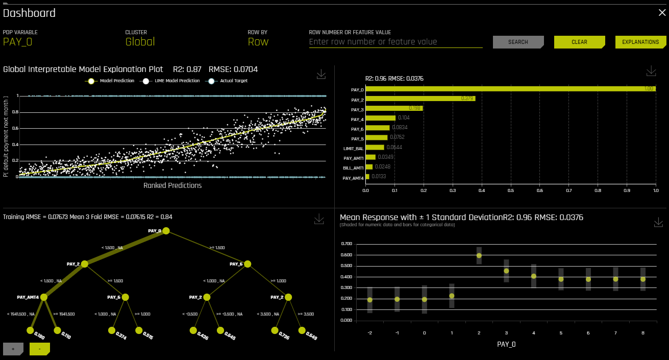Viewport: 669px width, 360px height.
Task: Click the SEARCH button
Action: click(x=518, y=42)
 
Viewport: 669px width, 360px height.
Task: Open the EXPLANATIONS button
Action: click(x=640, y=42)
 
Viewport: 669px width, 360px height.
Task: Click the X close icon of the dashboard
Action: click(x=662, y=13)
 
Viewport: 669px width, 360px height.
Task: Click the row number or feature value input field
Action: click(x=395, y=42)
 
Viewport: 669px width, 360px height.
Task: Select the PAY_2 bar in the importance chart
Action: click(x=420, y=99)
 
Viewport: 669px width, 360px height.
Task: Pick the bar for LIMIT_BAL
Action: click(x=375, y=148)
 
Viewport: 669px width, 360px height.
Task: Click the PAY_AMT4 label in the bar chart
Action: click(x=353, y=178)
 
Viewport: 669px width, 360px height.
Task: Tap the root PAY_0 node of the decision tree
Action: click(x=166, y=231)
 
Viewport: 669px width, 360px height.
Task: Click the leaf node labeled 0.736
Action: click(x=275, y=330)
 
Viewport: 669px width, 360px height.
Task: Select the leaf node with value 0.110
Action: click(x=57, y=330)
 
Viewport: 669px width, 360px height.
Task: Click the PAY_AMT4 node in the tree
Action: click(x=43, y=297)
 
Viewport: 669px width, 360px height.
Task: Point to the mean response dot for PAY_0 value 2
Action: click(x=479, y=255)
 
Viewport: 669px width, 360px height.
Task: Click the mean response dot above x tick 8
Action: click(x=643, y=279)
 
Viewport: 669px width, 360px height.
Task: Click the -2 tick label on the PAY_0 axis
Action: click(x=369, y=332)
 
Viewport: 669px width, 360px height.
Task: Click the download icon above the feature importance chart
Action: click(x=651, y=71)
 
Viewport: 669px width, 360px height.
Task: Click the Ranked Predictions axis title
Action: click(x=172, y=185)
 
